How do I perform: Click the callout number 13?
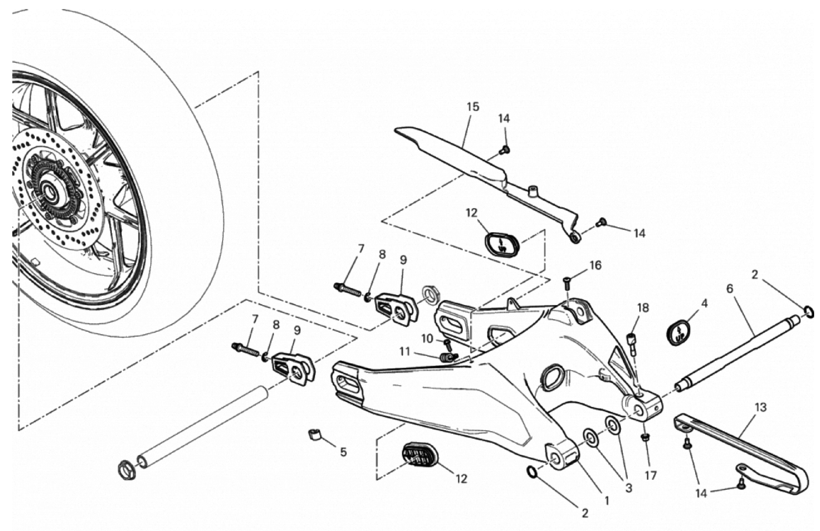760,407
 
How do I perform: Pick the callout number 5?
343,452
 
